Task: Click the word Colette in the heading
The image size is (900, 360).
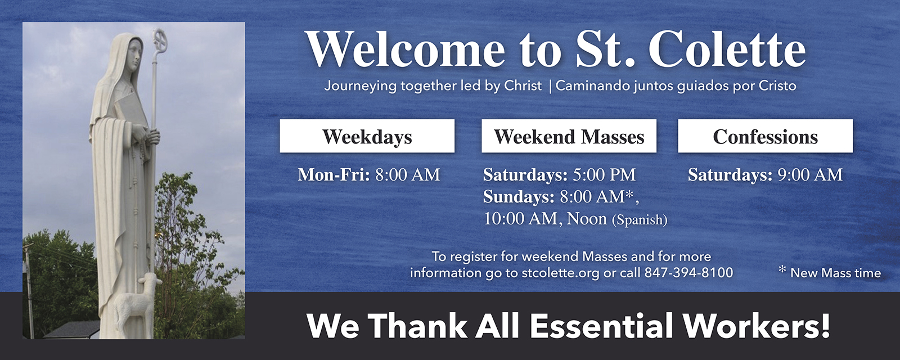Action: pyautogui.click(x=727, y=50)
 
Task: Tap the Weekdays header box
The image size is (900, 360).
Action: pyautogui.click(x=367, y=136)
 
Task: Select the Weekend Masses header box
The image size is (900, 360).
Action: pyautogui.click(x=569, y=136)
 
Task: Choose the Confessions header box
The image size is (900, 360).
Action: pyautogui.click(x=766, y=136)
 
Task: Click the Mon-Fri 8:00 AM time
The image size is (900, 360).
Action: pyautogui.click(x=369, y=175)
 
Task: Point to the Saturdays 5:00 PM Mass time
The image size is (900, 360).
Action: pyautogui.click(x=559, y=175)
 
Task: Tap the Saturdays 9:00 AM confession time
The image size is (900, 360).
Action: pyautogui.click(x=765, y=175)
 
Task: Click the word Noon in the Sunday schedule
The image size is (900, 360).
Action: pyautogui.click(x=587, y=219)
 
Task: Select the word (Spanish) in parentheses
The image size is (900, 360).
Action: pyautogui.click(x=640, y=220)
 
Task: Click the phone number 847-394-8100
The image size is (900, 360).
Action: pyautogui.click(x=688, y=273)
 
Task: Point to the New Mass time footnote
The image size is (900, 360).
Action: pyautogui.click(x=830, y=272)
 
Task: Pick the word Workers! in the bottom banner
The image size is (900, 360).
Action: pyautogui.click(x=757, y=326)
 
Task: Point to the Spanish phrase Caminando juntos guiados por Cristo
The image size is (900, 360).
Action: pyautogui.click(x=676, y=86)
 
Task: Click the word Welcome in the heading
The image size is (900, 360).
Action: pyautogui.click(x=405, y=50)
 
